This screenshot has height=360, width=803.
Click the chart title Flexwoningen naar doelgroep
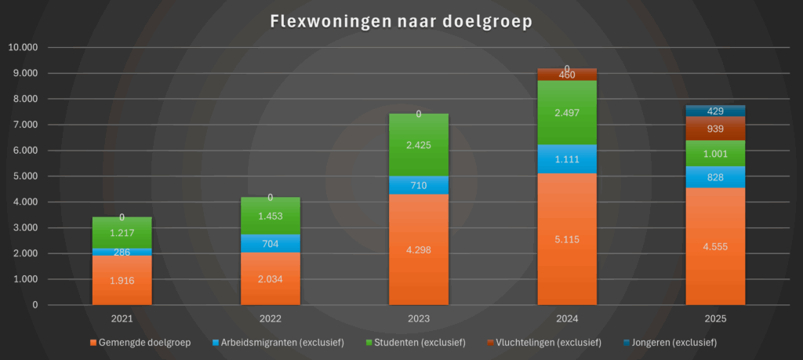coord(401,21)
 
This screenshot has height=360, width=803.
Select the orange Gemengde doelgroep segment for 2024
coord(567,267)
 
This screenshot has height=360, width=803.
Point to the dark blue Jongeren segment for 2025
coord(715,111)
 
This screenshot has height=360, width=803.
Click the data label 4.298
coord(419,250)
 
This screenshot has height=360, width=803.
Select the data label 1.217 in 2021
coord(122,233)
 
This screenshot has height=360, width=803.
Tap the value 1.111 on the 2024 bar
coord(567,159)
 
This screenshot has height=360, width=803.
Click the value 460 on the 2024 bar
coord(567,75)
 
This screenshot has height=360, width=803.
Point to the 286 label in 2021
coord(122,253)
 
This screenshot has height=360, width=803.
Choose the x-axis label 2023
coord(419,319)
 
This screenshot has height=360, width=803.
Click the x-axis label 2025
coord(715,319)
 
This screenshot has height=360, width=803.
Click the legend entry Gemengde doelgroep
coord(144,343)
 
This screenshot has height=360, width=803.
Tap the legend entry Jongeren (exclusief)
coord(671,343)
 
